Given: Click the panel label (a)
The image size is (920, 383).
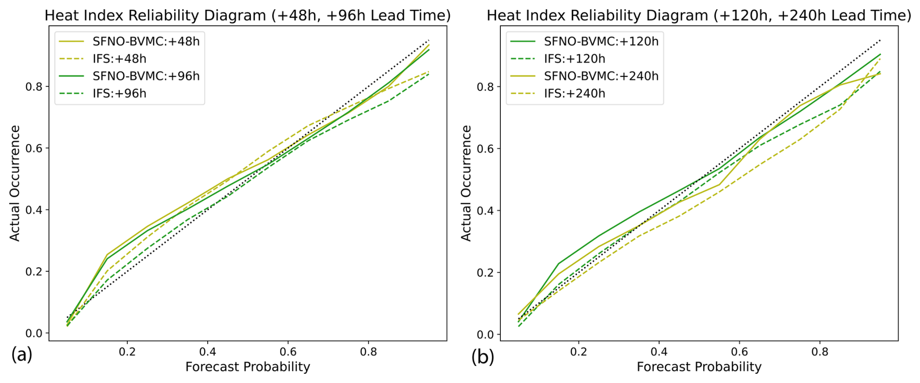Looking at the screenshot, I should click(x=22, y=356).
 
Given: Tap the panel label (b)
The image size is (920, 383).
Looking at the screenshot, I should click(x=482, y=357).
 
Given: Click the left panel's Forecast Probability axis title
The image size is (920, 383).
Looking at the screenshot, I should click(x=248, y=367).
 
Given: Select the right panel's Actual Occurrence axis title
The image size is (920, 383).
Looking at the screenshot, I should click(x=466, y=183).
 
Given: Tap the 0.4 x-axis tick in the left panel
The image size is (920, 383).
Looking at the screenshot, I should click(x=208, y=351).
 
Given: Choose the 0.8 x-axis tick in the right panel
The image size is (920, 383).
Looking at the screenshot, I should click(x=820, y=351).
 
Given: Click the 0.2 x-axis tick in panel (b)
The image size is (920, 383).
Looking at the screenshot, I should click(x=578, y=351).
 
